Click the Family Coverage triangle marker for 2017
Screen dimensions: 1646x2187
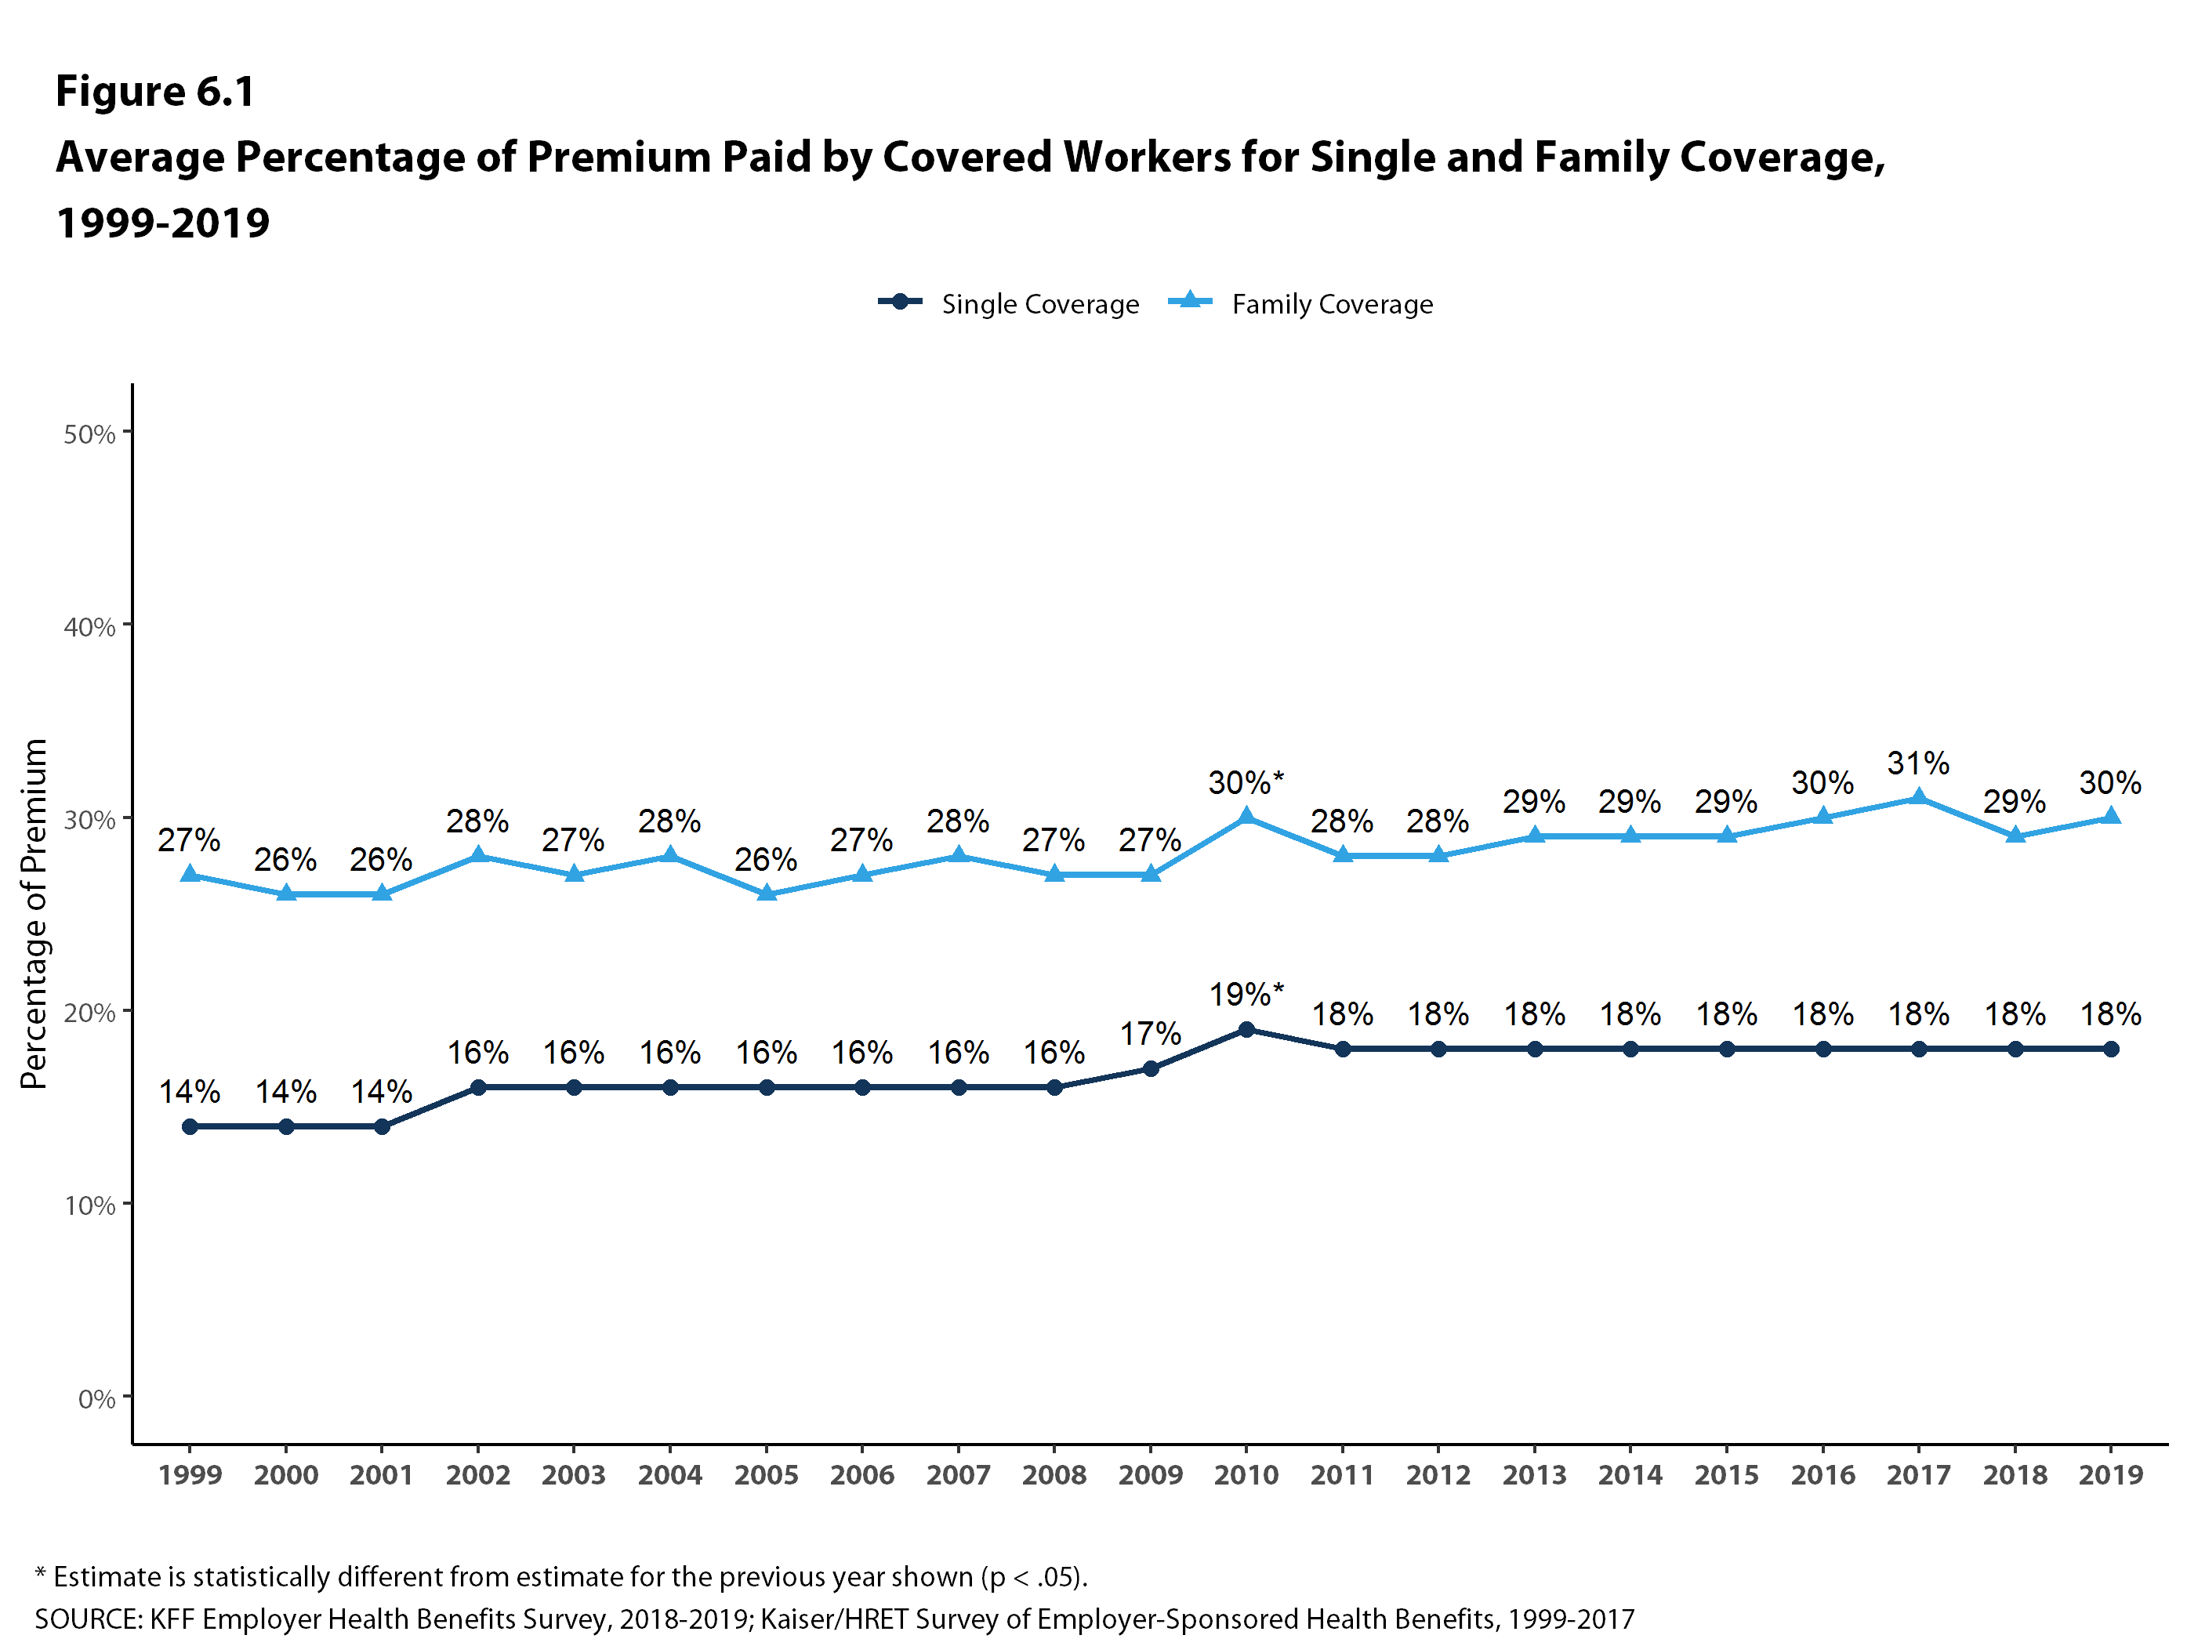pyautogui.click(x=1918, y=798)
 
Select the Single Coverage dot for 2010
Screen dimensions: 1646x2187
pyautogui.click(x=1246, y=1029)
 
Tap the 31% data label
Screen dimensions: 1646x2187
pyautogui.click(x=1918, y=763)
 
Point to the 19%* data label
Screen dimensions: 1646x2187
pyautogui.click(x=1246, y=995)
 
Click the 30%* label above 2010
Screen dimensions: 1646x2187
pyautogui.click(x=1246, y=783)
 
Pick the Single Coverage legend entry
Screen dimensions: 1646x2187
pyautogui.click(x=1009, y=303)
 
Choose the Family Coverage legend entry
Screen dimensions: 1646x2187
pyautogui.click(x=1301, y=303)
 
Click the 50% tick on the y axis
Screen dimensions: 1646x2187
pyautogui.click(x=90, y=434)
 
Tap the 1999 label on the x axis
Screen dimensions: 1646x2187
pyautogui.click(x=190, y=1475)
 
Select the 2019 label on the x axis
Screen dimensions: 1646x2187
pyautogui.click(x=2111, y=1475)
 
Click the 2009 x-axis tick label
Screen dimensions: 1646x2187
pyautogui.click(x=1150, y=1475)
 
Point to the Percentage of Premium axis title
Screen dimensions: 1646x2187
pyautogui.click(x=34, y=915)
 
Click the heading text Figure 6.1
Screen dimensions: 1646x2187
pyautogui.click(x=155, y=91)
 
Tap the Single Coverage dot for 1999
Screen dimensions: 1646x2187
pyautogui.click(x=190, y=1126)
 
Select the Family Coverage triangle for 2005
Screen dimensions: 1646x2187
pyautogui.click(x=767, y=894)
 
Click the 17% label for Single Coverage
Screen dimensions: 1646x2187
pyautogui.click(x=1150, y=1034)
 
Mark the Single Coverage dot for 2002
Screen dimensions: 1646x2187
pyautogui.click(x=477, y=1087)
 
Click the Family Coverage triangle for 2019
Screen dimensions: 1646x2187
pyautogui.click(x=2111, y=817)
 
